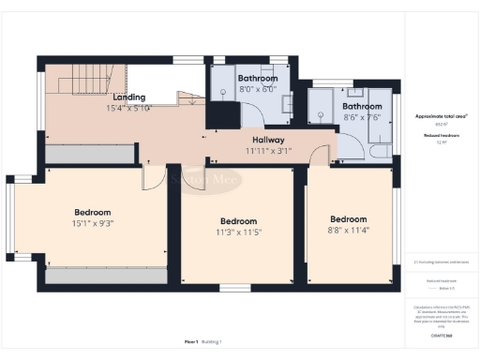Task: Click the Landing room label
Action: tap(129, 97)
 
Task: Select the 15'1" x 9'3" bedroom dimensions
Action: tap(93, 223)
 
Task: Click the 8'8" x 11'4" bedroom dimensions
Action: tap(348, 230)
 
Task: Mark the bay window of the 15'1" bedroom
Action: tap(12, 224)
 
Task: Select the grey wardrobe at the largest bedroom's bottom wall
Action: tap(105, 277)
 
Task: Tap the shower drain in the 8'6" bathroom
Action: tap(322, 113)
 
